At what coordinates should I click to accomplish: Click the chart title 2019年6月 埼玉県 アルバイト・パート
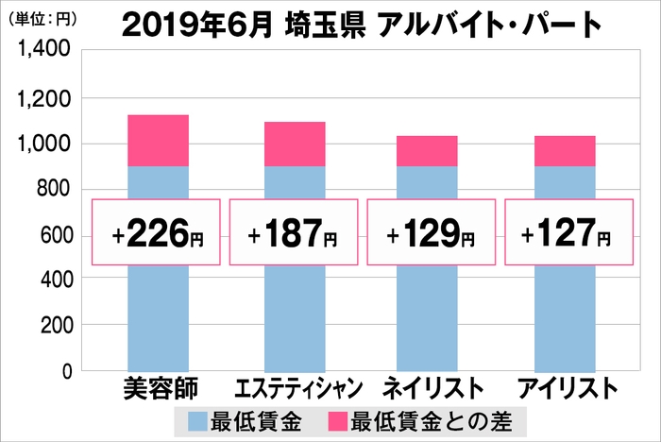tap(361, 25)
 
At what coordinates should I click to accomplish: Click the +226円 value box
tap(157, 232)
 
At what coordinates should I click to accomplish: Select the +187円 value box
tap(295, 232)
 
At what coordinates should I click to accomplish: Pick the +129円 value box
tap(432, 232)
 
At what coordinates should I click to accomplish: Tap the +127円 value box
tap(568, 232)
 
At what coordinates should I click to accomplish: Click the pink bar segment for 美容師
tap(158, 140)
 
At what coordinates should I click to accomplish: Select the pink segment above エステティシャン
tap(295, 144)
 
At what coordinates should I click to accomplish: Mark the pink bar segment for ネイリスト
tap(427, 150)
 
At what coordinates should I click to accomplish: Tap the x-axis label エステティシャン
tap(294, 389)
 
